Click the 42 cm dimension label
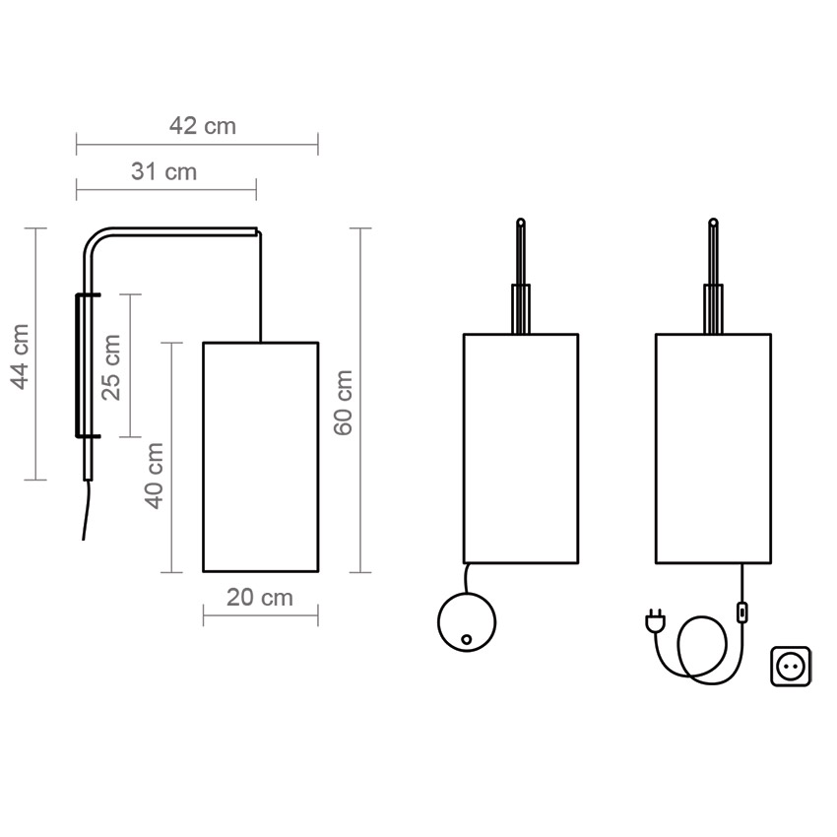(x=202, y=126)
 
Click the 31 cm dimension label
(x=163, y=172)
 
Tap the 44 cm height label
(x=21, y=356)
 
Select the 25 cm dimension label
(x=111, y=367)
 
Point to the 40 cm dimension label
(x=155, y=476)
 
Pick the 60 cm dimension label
(x=343, y=403)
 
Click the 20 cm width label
(x=260, y=598)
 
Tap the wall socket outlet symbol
(x=791, y=667)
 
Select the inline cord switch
(x=742, y=612)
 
